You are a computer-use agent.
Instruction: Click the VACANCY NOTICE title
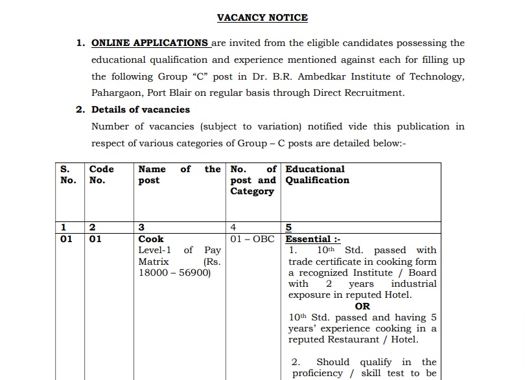pos(262,17)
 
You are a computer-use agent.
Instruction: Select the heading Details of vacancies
pos(141,109)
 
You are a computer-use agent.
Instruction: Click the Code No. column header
pos(101,175)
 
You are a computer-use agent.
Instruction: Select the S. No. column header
pos(67,175)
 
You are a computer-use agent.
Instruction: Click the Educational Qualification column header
pos(317,175)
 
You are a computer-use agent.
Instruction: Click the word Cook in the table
pos(151,239)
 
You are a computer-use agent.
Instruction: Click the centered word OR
pos(362,306)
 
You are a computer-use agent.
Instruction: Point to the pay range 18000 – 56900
pos(174,273)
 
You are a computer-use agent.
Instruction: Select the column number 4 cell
pos(233,227)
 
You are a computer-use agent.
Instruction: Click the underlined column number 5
pos(288,227)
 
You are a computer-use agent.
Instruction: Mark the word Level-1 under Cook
pos(155,250)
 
